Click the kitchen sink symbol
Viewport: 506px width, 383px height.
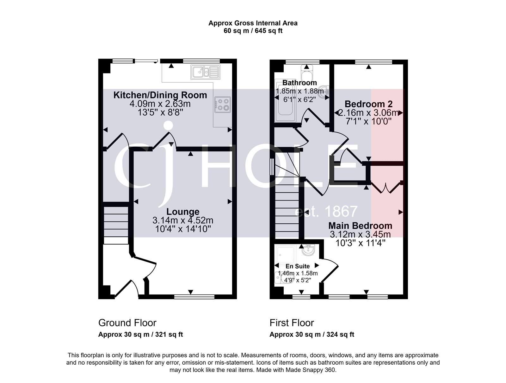pyautogui.click(x=205, y=73)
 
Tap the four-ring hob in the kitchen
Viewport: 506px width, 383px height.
pyautogui.click(x=223, y=105)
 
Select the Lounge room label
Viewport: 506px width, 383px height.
pyautogui.click(x=183, y=212)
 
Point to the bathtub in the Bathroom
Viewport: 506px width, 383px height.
pyautogui.click(x=285, y=101)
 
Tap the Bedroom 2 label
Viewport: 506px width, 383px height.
pyautogui.click(x=368, y=104)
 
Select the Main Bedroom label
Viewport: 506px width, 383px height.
pyautogui.click(x=360, y=226)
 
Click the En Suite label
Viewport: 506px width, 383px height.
pyautogui.click(x=298, y=266)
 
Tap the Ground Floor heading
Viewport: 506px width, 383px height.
pyautogui.click(x=127, y=323)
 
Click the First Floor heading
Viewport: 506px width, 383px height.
pyautogui.click(x=292, y=323)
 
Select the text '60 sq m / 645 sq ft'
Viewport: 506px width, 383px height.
pyautogui.click(x=253, y=31)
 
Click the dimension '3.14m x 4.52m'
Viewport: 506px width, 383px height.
pyautogui.click(x=183, y=220)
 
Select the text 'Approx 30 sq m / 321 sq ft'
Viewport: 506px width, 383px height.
pyautogui.click(x=140, y=335)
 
